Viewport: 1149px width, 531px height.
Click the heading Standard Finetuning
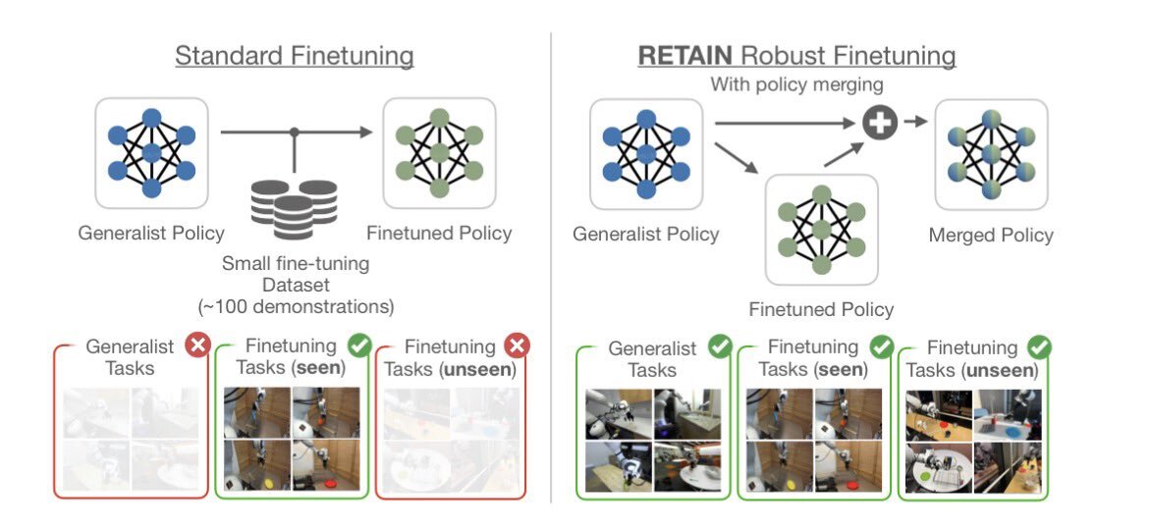pos(294,55)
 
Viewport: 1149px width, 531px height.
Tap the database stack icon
pos(294,206)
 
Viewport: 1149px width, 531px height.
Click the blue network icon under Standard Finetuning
pos(151,152)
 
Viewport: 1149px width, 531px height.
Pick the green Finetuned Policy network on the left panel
pos(439,152)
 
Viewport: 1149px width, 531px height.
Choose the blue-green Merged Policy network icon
pos(991,154)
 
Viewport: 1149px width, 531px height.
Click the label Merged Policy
pos(991,236)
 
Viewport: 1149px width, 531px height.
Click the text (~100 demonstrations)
pos(296,306)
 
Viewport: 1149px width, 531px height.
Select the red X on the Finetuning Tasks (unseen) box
pos(517,345)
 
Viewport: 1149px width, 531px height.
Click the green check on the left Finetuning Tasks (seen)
pos(359,345)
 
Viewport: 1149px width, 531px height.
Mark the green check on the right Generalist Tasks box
pos(720,346)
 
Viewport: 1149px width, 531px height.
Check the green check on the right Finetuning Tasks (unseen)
pos(1039,346)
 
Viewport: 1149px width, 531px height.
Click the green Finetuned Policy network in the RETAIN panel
pos(821,230)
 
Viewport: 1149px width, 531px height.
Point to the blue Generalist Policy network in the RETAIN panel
pos(645,154)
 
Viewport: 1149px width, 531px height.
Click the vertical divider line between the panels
pos(551,265)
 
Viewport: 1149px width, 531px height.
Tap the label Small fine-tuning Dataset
pos(295,274)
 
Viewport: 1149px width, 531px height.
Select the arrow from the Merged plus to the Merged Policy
pos(916,121)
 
